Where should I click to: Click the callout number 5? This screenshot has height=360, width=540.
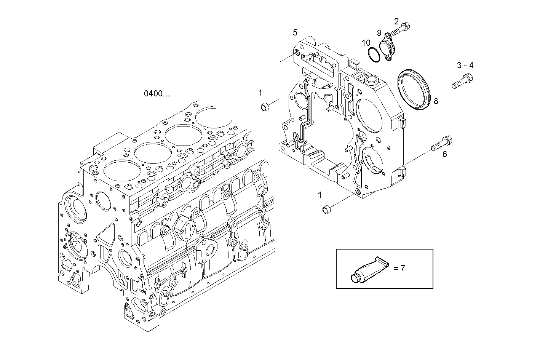tap(295, 32)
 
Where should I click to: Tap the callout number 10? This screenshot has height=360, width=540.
tap(366, 43)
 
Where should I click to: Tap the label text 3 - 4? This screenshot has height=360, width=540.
tap(465, 66)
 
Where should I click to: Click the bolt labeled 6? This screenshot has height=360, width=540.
tap(441, 144)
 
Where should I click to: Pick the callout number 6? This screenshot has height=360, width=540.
tap(444, 154)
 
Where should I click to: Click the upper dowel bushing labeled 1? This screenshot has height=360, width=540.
tap(264, 107)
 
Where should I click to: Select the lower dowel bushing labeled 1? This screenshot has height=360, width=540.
tap(326, 209)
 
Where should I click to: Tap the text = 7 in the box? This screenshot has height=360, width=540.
tap(399, 268)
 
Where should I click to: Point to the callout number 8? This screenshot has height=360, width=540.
tap(436, 101)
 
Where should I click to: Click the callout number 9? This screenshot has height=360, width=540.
tap(379, 32)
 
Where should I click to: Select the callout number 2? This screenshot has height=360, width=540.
tap(396, 21)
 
